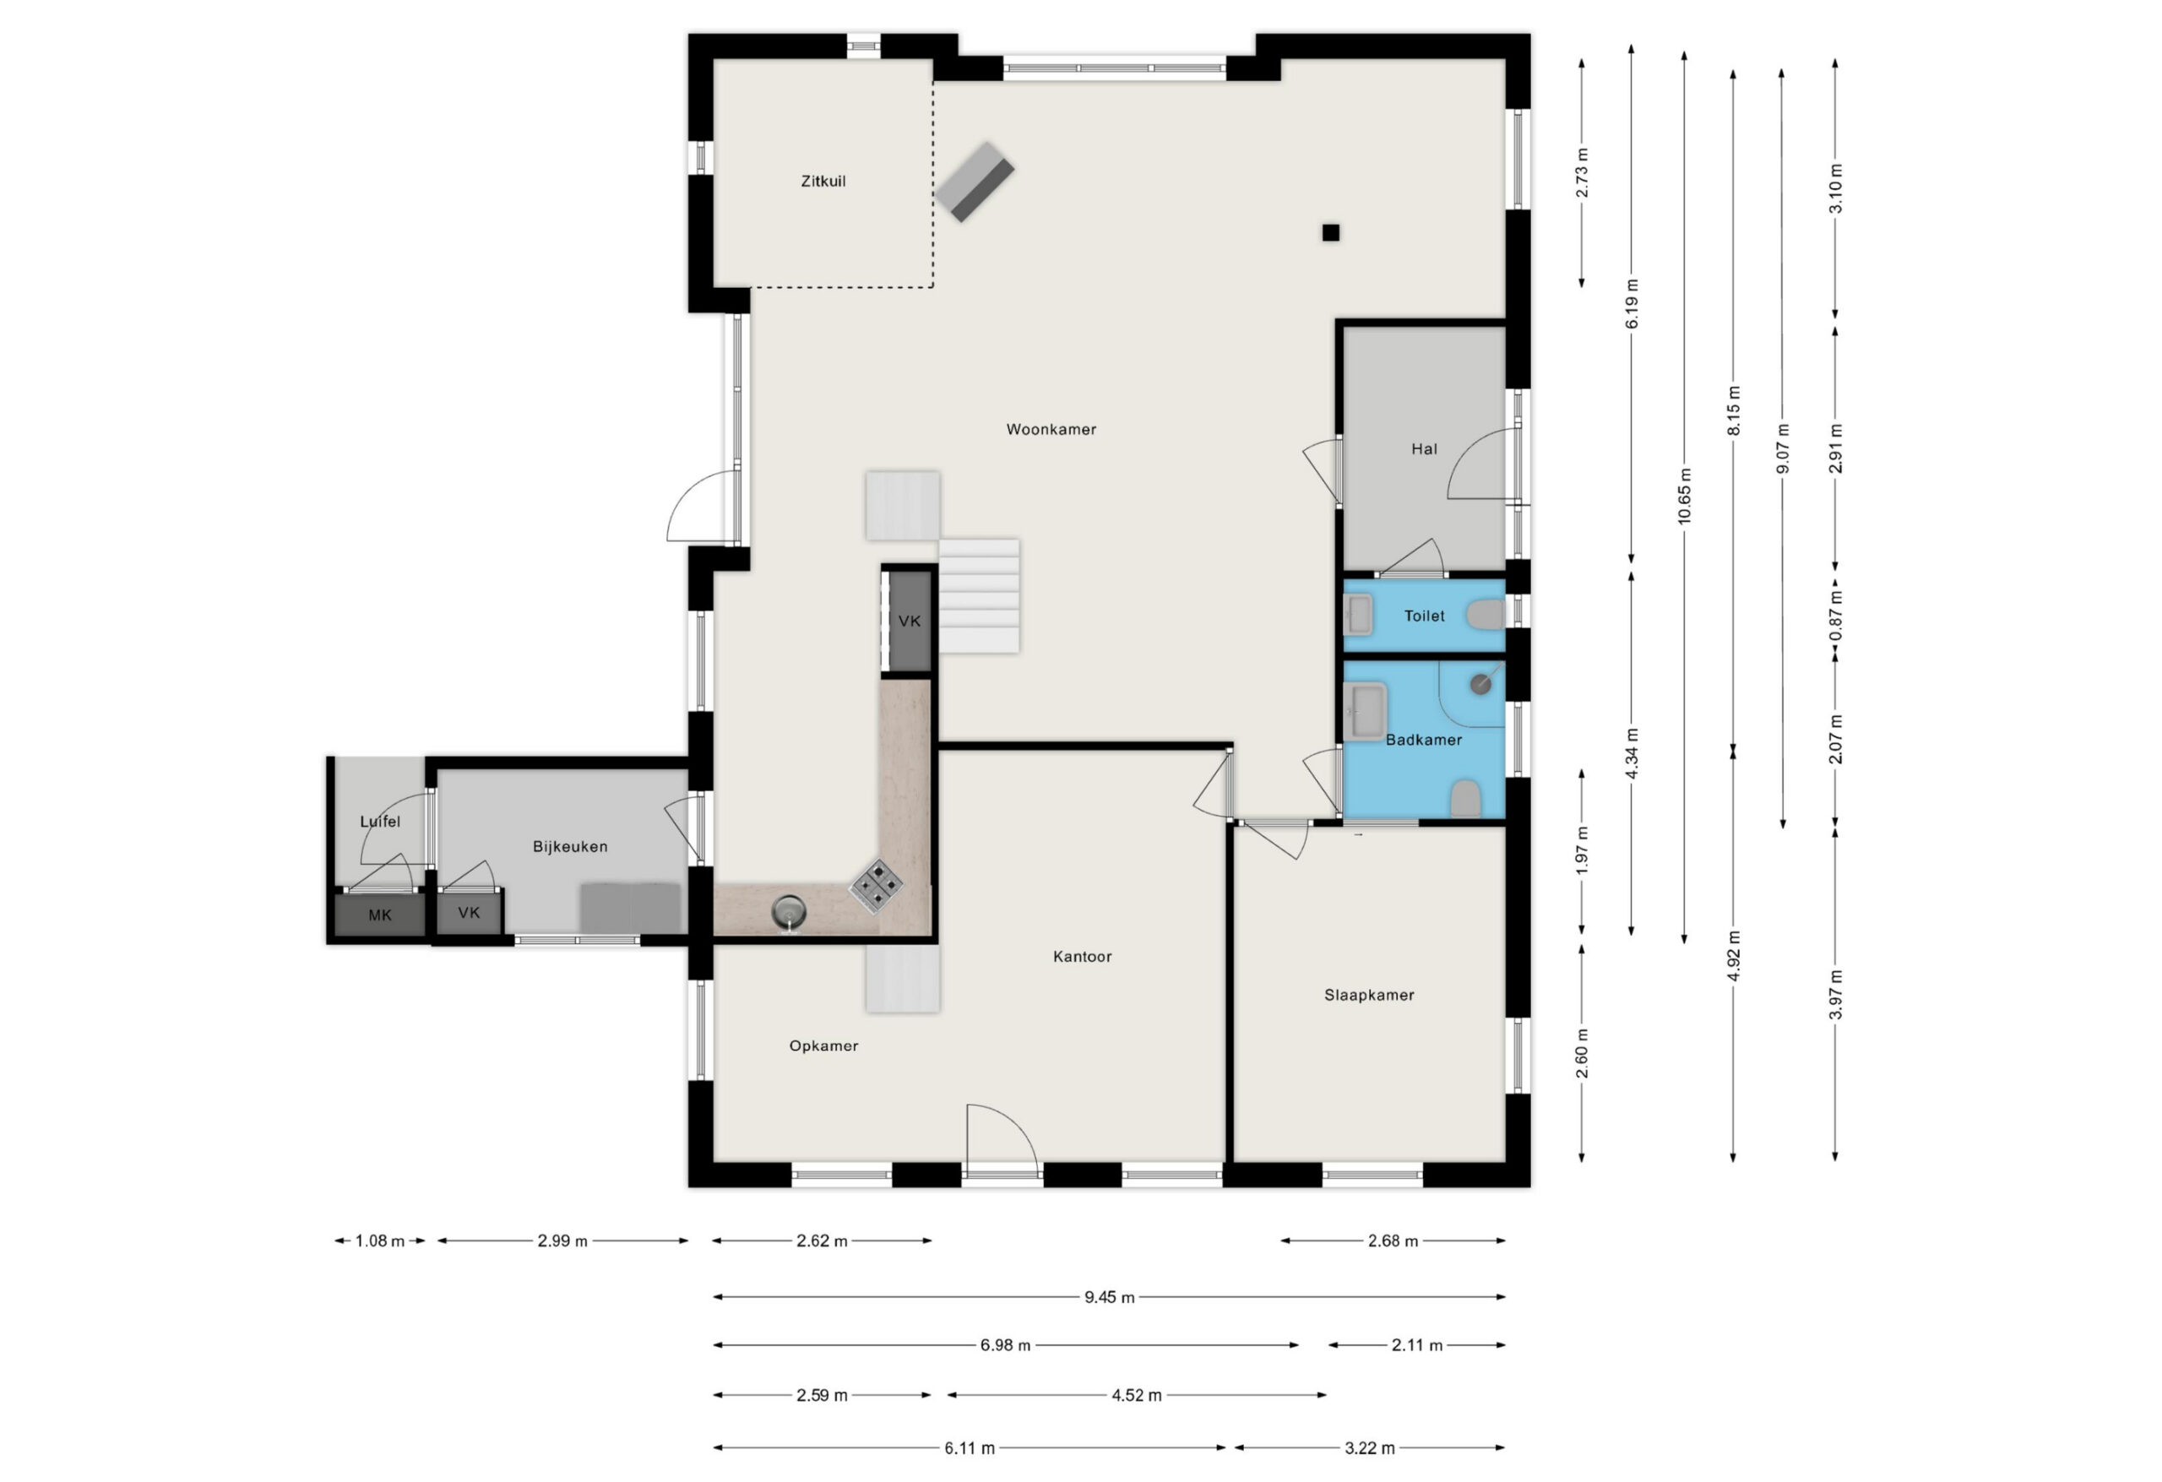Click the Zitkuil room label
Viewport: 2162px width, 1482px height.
(x=823, y=182)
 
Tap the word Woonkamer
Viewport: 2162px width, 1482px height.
(x=1051, y=429)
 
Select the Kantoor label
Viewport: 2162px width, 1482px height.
(x=1082, y=957)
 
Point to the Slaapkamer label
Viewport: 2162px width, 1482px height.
(x=1369, y=995)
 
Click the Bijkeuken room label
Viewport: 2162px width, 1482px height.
(x=570, y=847)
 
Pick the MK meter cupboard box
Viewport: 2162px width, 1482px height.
(x=379, y=915)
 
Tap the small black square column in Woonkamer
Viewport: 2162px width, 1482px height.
(x=1331, y=232)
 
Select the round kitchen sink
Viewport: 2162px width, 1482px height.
(x=789, y=912)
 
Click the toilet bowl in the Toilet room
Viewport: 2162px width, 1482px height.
(x=1486, y=615)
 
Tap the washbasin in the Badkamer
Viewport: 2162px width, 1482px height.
(x=1366, y=712)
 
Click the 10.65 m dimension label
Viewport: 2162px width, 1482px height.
(x=1685, y=497)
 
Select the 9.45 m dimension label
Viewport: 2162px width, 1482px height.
(x=1109, y=1297)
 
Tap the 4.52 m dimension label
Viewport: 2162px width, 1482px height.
(x=1137, y=1394)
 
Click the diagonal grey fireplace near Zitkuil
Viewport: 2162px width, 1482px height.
(x=975, y=182)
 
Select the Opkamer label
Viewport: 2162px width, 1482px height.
(x=823, y=1045)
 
